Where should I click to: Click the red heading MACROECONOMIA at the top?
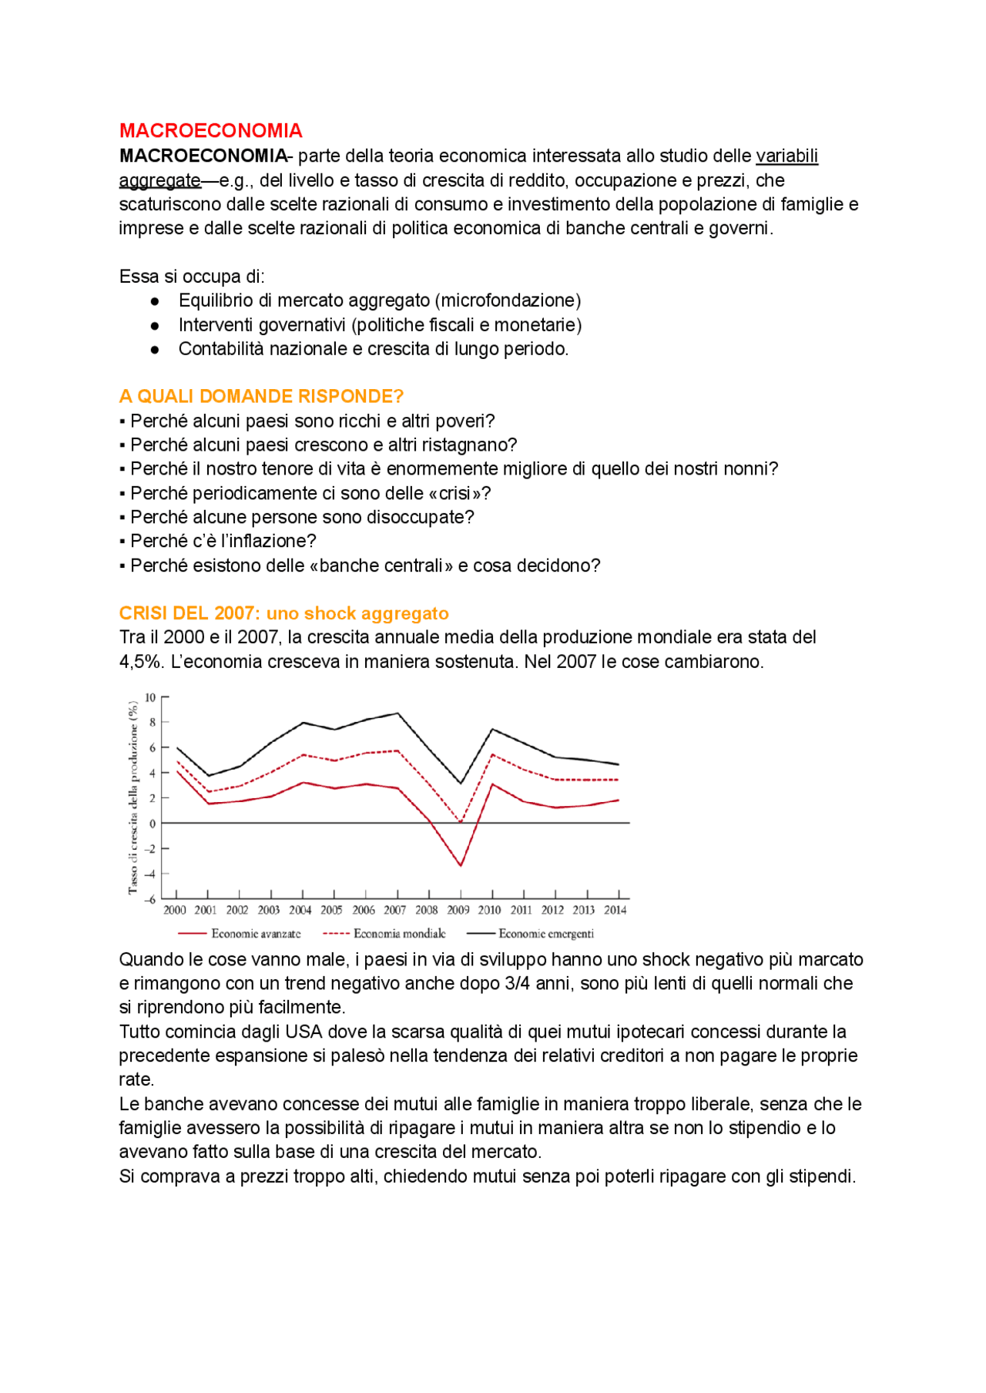[x=210, y=130]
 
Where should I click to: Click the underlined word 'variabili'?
[x=786, y=156]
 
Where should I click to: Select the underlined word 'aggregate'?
[x=159, y=180]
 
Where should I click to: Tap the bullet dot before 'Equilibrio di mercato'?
[x=155, y=301]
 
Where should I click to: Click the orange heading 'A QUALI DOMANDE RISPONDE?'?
[x=261, y=396]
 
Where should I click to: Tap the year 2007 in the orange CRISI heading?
[x=234, y=613]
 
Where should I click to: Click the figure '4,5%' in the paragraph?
[x=139, y=662]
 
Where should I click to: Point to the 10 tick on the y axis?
[x=150, y=697]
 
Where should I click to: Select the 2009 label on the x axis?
[x=458, y=910]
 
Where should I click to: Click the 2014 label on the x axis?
[x=615, y=910]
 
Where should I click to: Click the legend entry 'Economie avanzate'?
[x=255, y=934]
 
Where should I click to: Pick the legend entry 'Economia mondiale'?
[x=399, y=934]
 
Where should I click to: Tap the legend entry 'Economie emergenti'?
[x=545, y=934]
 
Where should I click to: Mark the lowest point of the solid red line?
[x=461, y=865]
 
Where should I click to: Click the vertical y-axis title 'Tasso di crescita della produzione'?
[x=132, y=797]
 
